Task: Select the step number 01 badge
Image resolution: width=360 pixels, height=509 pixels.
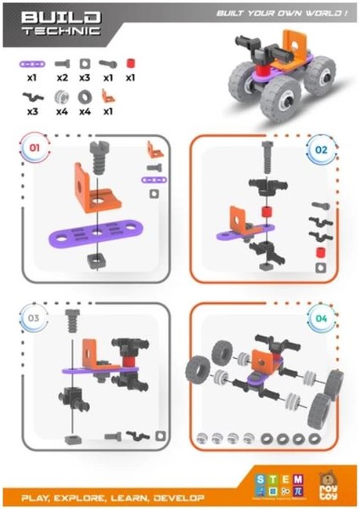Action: click(x=35, y=148)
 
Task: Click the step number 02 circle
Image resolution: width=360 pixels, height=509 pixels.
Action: click(x=321, y=148)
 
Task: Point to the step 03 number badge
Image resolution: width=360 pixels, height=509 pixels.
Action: click(x=35, y=318)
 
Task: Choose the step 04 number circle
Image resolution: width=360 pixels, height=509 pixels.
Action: click(x=321, y=319)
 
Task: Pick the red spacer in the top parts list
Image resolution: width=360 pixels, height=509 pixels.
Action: click(x=130, y=64)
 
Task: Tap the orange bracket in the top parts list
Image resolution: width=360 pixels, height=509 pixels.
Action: click(x=107, y=96)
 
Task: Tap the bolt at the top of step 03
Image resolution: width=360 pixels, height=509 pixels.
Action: click(x=72, y=322)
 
